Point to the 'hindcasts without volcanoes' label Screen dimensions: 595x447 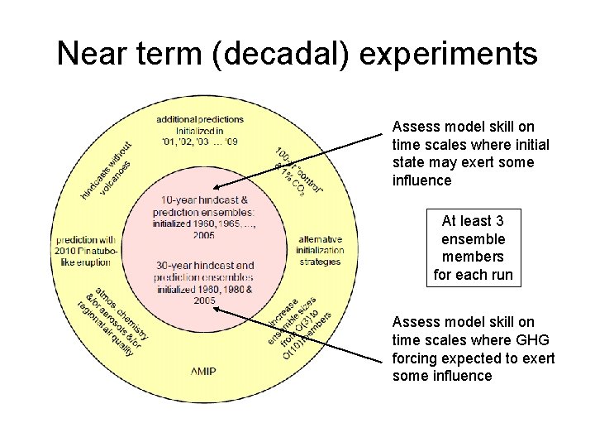(x=107, y=170)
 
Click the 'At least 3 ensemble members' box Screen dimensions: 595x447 (x=473, y=248)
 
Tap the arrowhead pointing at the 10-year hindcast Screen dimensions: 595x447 (x=216, y=189)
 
